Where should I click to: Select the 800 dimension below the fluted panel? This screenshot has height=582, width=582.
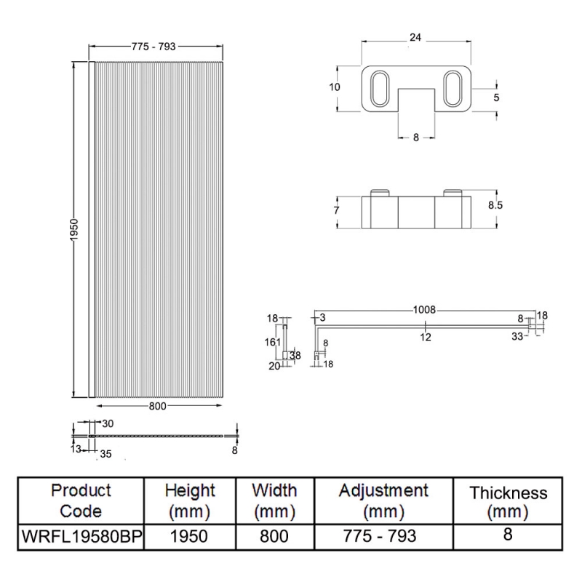(158, 406)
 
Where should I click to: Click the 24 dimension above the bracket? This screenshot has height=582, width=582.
(415, 36)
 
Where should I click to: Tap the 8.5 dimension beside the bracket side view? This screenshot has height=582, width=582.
(495, 206)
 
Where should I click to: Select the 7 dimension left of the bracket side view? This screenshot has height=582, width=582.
(337, 210)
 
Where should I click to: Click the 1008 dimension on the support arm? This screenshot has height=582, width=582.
(424, 310)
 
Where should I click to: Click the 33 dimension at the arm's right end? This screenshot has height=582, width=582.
(517, 336)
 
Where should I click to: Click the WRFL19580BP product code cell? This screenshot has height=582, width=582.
(81, 537)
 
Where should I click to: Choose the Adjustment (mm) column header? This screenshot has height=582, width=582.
(383, 501)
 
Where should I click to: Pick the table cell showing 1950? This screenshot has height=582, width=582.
(190, 537)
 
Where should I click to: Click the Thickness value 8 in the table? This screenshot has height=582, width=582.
(508, 535)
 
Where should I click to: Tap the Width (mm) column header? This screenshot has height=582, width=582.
(274, 501)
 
